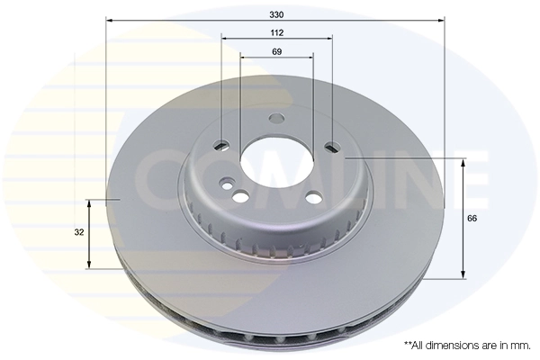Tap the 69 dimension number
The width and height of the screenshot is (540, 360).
click(x=276, y=52)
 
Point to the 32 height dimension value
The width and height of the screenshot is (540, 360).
click(x=80, y=231)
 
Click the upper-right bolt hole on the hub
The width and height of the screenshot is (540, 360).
click(x=332, y=146)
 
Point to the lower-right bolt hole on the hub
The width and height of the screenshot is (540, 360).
click(x=312, y=199)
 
